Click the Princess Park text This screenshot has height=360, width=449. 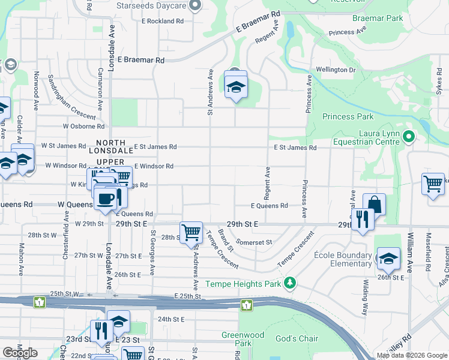[348, 116]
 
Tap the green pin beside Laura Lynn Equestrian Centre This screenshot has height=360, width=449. [409, 137]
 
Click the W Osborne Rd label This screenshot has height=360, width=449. [83, 127]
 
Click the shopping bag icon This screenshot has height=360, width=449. [374, 205]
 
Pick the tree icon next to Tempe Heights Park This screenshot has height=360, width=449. [291, 282]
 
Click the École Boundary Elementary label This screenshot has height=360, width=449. [343, 259]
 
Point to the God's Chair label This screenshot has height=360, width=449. [297, 338]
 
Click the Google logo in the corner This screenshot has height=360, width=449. [20, 353]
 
